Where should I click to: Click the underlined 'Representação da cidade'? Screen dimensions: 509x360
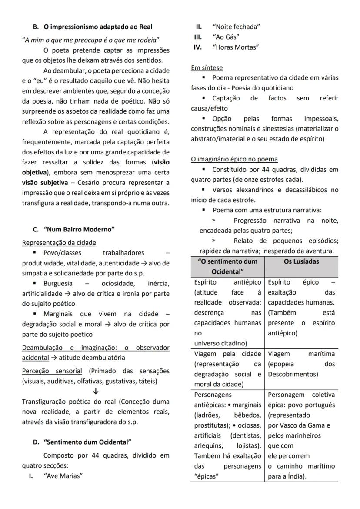59,242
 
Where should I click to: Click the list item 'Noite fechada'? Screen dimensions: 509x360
236,27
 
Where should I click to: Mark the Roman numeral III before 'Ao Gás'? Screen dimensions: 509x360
197,37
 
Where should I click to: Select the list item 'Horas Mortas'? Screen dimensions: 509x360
235,47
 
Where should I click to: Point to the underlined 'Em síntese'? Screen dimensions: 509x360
207,68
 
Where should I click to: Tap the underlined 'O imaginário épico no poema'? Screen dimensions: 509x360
234,159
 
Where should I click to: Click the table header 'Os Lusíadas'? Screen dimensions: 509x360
301,261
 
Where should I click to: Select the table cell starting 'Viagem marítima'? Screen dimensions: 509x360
301,364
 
